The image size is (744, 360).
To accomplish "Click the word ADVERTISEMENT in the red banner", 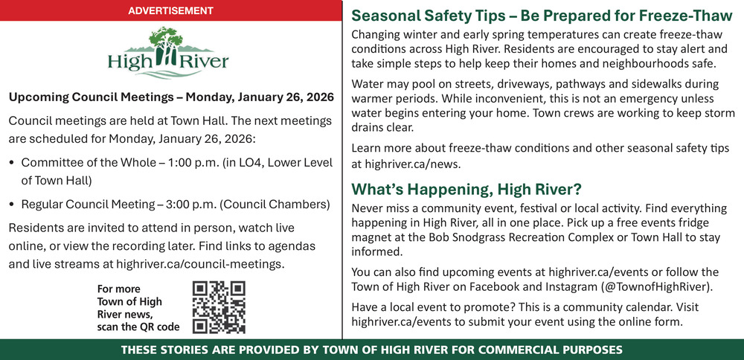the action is click(x=171, y=10).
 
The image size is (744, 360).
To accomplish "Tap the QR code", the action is click(x=219, y=307).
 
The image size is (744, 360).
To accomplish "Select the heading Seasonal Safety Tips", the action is click(x=428, y=16).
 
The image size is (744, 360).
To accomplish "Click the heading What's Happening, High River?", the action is click(x=466, y=190).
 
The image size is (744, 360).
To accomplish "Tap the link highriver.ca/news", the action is click(x=413, y=164).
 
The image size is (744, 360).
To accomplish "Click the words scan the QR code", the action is click(x=138, y=327).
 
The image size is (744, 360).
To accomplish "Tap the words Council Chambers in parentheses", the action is click(x=275, y=205).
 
